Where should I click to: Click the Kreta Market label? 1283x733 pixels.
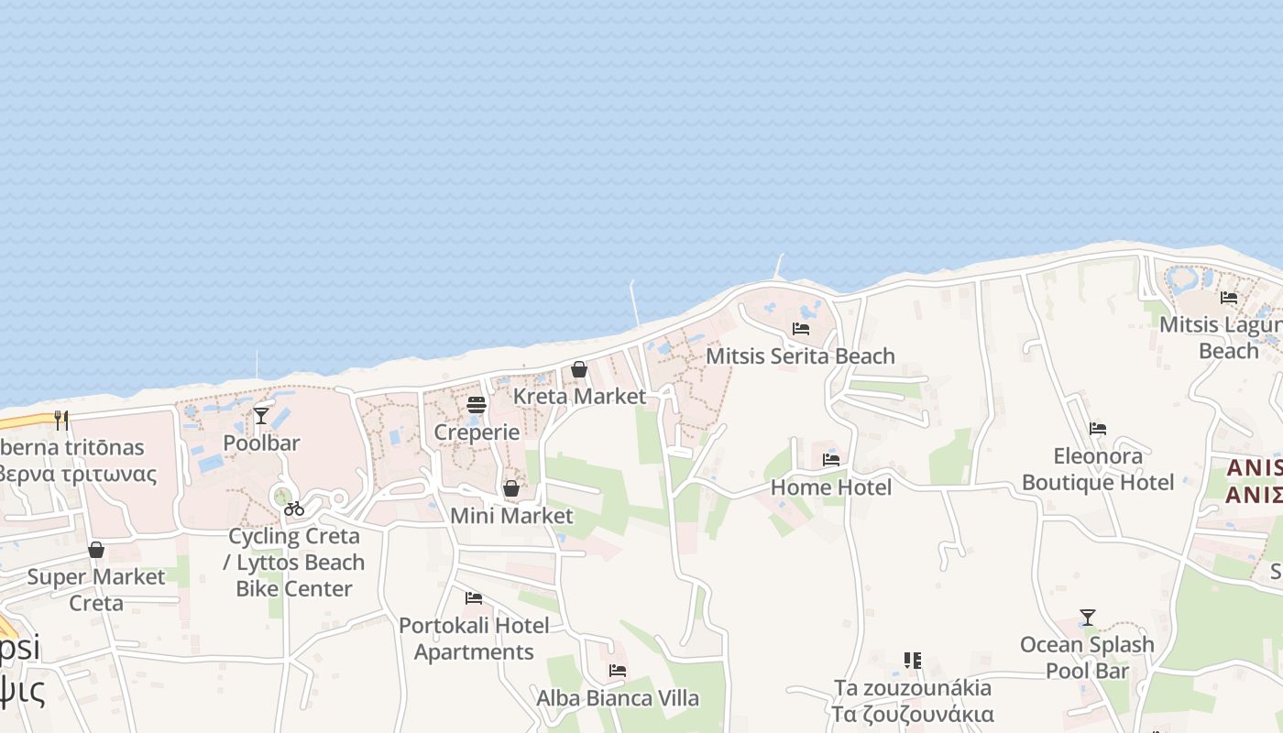(579, 397)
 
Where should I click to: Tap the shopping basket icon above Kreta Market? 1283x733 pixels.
(579, 369)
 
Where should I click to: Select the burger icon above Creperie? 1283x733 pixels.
(477, 404)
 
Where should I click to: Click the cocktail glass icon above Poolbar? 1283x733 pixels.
(261, 415)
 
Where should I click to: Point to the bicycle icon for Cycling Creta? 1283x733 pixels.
(294, 508)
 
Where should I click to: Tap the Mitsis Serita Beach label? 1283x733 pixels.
(800, 356)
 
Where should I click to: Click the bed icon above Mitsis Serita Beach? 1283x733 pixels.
(801, 328)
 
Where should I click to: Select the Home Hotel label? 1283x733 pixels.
(830, 487)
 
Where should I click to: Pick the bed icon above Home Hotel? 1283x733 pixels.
(831, 459)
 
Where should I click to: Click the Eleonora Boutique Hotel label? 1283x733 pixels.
(1098, 469)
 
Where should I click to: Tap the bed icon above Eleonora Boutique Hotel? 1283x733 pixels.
(1098, 428)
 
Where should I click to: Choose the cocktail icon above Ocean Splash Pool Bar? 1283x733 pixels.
(1088, 617)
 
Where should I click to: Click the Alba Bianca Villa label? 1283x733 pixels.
(618, 698)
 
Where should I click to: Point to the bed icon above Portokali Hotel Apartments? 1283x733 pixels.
(474, 598)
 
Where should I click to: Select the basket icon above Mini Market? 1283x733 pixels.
(511, 488)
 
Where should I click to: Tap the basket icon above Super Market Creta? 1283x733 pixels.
(96, 550)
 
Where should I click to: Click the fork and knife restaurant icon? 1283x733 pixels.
(61, 420)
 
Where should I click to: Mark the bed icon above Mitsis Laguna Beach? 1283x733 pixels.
(1229, 297)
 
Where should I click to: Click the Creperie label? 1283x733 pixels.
(477, 432)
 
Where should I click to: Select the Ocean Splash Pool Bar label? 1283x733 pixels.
(1087, 658)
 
